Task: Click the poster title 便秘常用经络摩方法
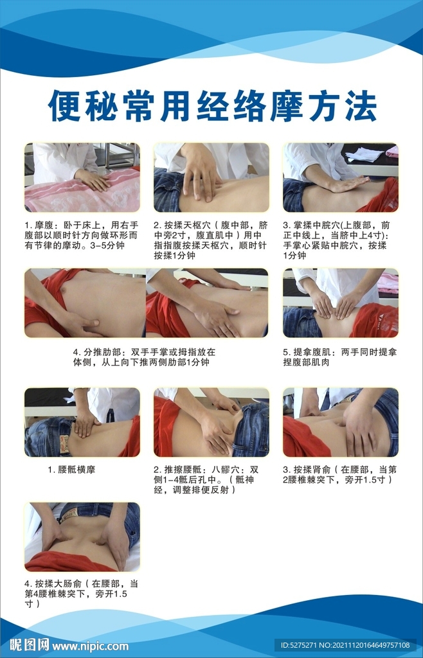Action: [x=212, y=106]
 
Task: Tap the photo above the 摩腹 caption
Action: [x=82, y=177]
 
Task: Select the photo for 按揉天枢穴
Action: [x=212, y=177]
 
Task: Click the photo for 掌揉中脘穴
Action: [x=341, y=177]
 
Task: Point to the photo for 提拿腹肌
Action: [x=341, y=303]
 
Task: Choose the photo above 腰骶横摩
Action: [x=82, y=422]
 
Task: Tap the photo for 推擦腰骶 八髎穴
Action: [x=212, y=422]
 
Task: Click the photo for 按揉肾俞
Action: [x=341, y=422]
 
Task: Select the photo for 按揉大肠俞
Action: [x=82, y=537]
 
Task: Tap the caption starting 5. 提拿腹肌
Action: [x=340, y=357]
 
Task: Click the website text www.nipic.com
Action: [x=90, y=645]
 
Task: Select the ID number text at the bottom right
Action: [x=345, y=645]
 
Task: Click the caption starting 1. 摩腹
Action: [x=82, y=235]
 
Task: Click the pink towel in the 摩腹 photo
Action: [x=82, y=191]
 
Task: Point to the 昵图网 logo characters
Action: [x=29, y=645]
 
